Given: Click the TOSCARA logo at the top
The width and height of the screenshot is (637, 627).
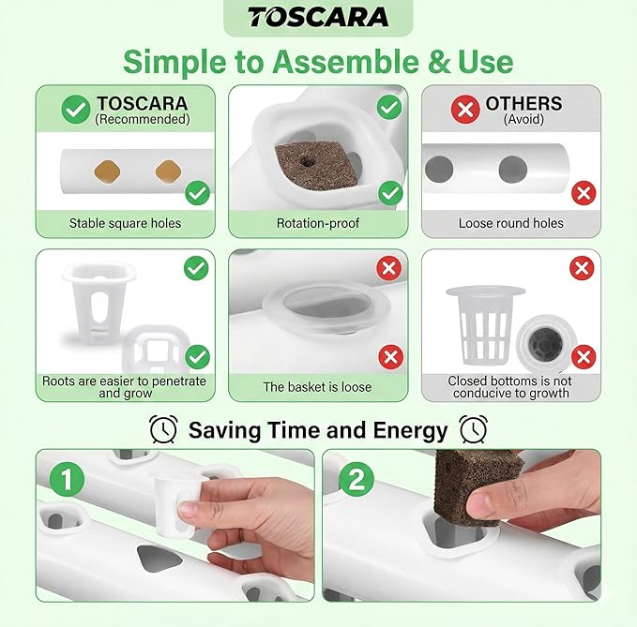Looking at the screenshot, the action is point(318,17).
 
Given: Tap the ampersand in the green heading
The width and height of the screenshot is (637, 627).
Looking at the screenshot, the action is point(439,62).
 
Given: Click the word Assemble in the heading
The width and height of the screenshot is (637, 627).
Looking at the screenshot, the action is point(346,62).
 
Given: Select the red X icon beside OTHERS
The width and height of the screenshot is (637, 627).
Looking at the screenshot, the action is point(465,109).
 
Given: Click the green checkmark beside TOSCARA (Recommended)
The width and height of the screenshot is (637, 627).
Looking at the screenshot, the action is point(76,109).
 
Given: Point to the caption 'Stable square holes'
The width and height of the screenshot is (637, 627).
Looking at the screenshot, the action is point(125,223).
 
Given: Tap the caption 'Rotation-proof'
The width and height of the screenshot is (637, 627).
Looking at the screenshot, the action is point(318,223).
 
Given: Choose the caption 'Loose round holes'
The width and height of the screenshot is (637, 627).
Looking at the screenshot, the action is point(511,223).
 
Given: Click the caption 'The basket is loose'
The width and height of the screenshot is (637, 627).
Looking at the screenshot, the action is point(317,387).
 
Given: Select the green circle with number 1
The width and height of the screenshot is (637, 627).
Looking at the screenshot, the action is point(67,479).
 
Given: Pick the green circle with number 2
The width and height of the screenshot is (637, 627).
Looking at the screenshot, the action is point(356,479).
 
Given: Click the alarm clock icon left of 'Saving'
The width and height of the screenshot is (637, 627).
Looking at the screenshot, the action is point(163,429).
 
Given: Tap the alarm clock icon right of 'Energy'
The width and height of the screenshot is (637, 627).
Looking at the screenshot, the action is point(473,429).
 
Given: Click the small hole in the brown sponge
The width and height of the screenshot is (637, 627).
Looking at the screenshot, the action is point(307,162).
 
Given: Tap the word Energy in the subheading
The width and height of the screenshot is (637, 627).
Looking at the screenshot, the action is point(410,431).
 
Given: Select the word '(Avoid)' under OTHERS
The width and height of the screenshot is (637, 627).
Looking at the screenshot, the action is point(523,119).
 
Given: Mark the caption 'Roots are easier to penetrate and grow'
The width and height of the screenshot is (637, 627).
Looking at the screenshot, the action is point(125,387).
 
